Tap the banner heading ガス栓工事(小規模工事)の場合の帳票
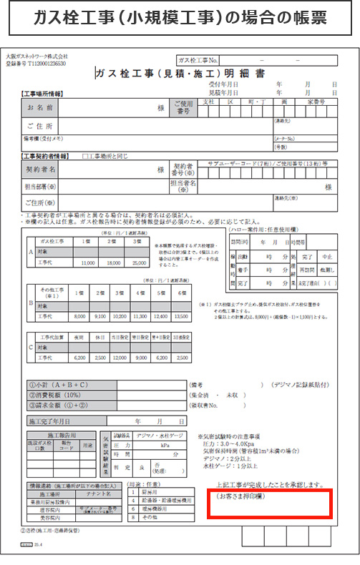point(180,19)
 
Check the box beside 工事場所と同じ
point(86,155)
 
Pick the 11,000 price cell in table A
point(89,263)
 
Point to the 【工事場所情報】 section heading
point(44,95)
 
